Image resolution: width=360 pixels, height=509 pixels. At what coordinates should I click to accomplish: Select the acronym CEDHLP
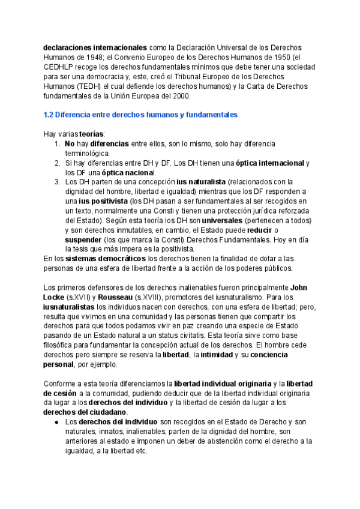click(61, 67)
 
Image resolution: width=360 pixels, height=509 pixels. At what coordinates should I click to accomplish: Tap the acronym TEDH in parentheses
click(88, 86)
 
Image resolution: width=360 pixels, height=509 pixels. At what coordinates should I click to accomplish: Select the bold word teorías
click(91, 134)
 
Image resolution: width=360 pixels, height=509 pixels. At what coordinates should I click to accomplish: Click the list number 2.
click(56, 163)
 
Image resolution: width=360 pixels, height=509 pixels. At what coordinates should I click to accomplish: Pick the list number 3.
click(56, 182)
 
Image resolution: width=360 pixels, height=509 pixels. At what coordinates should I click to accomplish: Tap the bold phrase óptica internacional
click(269, 163)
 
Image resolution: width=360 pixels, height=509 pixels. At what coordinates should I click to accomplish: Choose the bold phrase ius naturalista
click(201, 182)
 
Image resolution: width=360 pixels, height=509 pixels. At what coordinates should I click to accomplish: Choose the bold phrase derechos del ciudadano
click(85, 412)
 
